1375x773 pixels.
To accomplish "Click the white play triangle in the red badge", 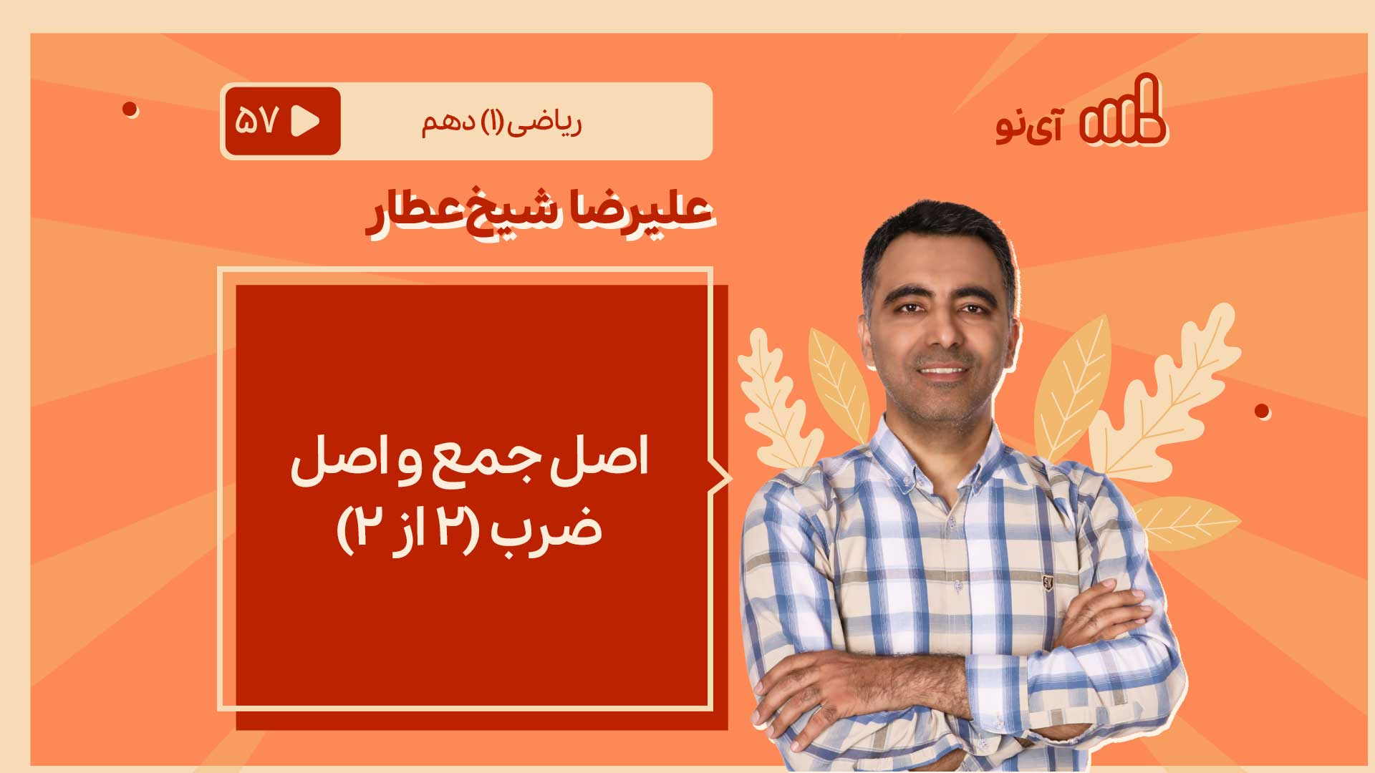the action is click(x=306, y=121).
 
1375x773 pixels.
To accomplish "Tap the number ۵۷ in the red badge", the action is click(x=256, y=121).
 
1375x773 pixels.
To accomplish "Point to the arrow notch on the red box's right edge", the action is click(x=721, y=478).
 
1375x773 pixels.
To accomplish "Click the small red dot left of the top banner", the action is click(x=130, y=110).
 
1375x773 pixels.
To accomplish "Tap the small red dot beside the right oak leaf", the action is click(x=1262, y=412).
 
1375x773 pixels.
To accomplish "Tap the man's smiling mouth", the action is click(x=942, y=371).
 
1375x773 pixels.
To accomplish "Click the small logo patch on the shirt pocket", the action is click(x=1048, y=580).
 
